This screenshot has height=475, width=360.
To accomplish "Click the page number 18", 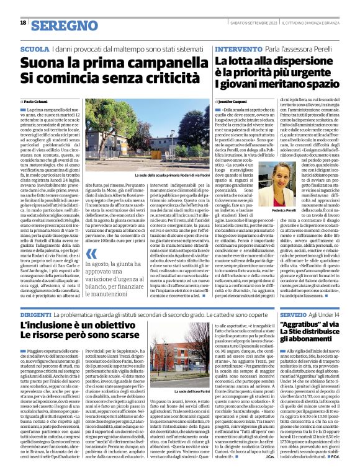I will pyautogui.click(x=23, y=23).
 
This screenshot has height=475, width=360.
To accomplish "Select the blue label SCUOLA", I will pyautogui.click(x=35, y=47).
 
